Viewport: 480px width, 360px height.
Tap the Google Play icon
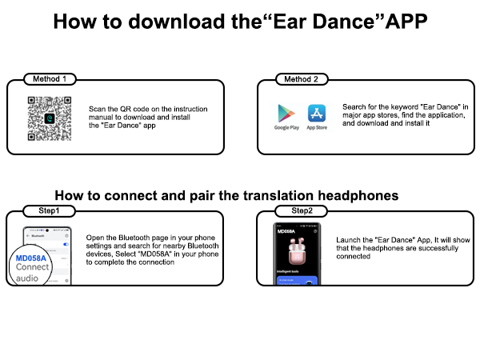(x=286, y=113)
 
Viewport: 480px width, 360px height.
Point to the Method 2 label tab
(x=301, y=79)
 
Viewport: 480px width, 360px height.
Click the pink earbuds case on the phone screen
(x=299, y=248)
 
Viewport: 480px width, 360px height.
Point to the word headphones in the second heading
(x=358, y=195)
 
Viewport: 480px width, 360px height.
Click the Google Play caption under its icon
(x=286, y=128)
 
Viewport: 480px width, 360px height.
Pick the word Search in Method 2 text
(x=353, y=106)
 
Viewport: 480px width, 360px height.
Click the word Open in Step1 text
(x=94, y=237)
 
